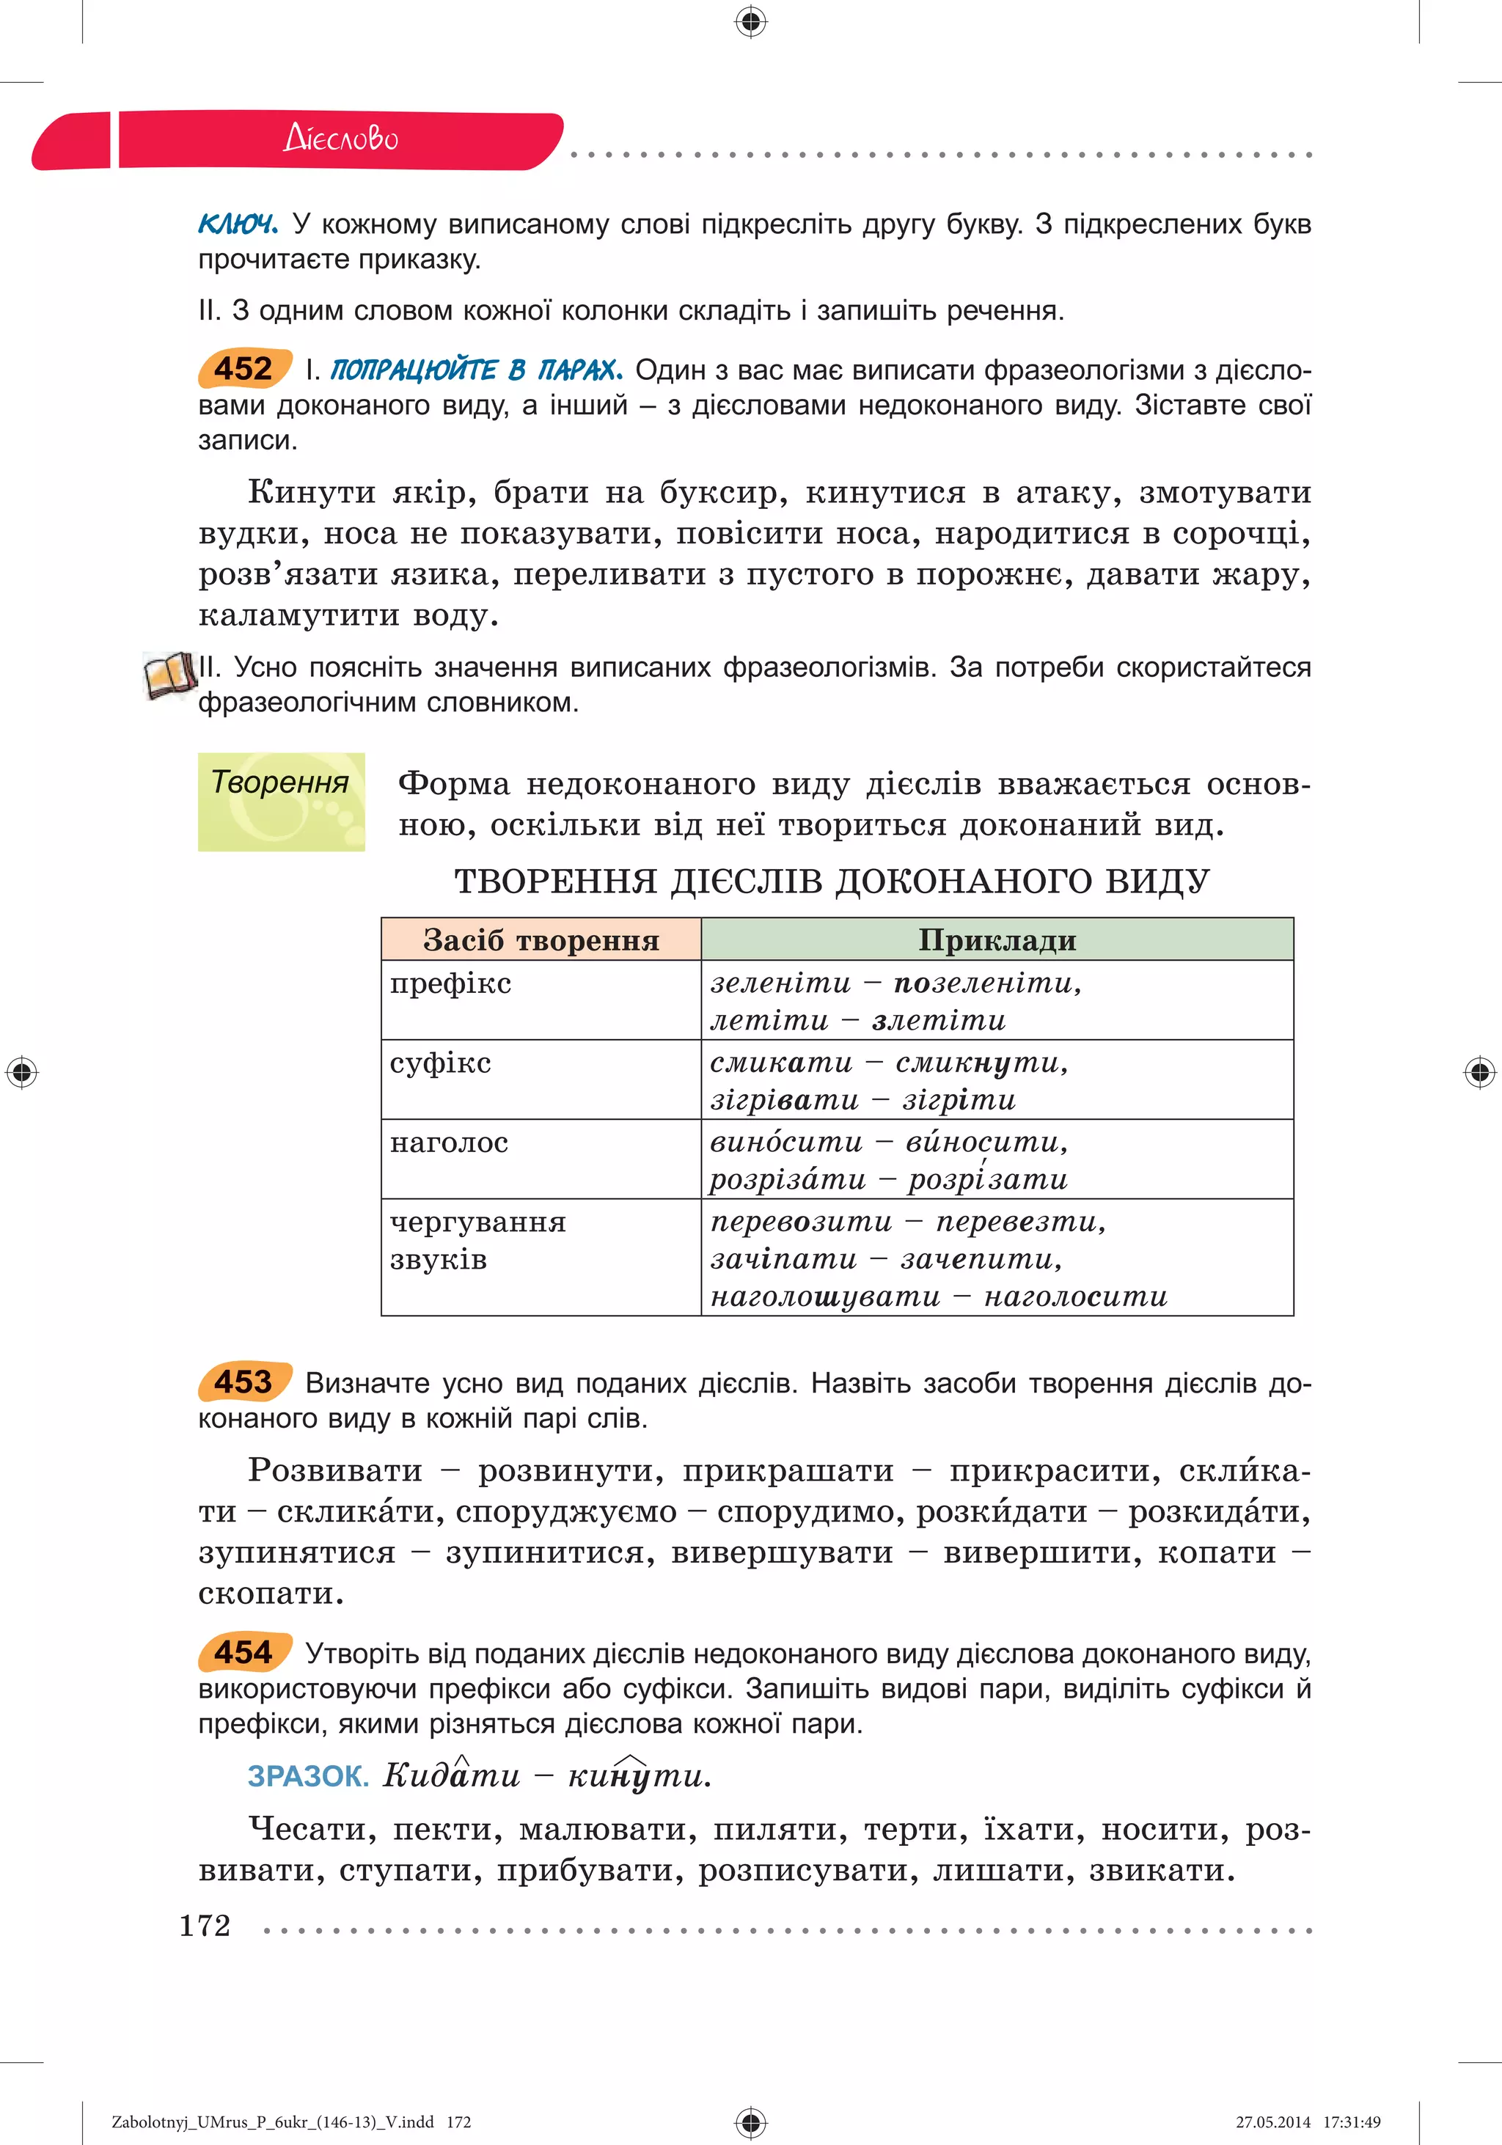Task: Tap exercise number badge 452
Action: pos(243,369)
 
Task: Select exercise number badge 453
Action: pos(243,1382)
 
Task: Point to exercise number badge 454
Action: pos(243,1653)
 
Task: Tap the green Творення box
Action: pos(281,802)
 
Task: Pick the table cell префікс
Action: pos(450,983)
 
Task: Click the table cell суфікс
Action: pos(440,1063)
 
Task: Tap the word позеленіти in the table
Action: pos(986,983)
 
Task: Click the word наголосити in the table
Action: pos(1075,1297)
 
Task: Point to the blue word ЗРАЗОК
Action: pos(307,1777)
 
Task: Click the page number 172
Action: pos(205,1926)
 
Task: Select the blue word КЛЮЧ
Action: pos(238,224)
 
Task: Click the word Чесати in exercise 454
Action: pos(311,1829)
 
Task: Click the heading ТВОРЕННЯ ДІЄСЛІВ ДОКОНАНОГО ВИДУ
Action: pos(832,881)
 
